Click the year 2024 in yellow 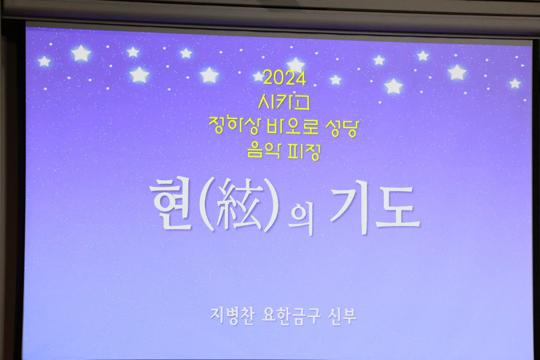click(x=285, y=78)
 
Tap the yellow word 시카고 click(x=284, y=102)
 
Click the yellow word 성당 click(x=342, y=128)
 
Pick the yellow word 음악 click(x=264, y=151)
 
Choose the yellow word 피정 click(x=303, y=152)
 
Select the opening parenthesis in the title click(x=207, y=205)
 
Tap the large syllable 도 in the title click(x=398, y=208)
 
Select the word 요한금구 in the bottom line click(x=291, y=316)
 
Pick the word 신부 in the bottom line click(x=342, y=316)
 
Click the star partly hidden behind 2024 click(x=259, y=76)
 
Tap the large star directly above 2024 click(x=295, y=65)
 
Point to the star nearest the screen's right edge click(x=515, y=83)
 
